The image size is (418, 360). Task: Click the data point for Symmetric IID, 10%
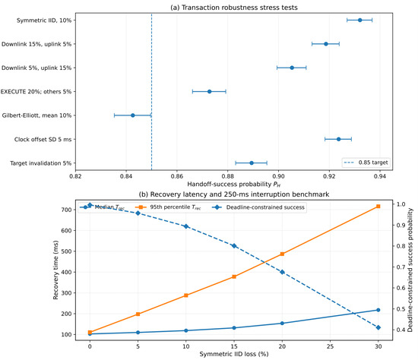pyautogui.click(x=360, y=20)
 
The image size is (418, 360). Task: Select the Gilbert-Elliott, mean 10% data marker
pyautogui.click(x=133, y=115)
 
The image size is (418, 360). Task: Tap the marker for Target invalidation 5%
pyautogui.click(x=252, y=163)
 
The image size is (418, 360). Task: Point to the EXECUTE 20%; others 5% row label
pyautogui.click(x=36, y=92)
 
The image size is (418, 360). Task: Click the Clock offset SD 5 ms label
pyautogui.click(x=43, y=139)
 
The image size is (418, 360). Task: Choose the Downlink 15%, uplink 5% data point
pyautogui.click(x=326, y=44)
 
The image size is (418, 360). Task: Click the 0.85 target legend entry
pyautogui.click(x=366, y=163)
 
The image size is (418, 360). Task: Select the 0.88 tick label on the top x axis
pyautogui.click(x=228, y=176)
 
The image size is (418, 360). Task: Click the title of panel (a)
pyautogui.click(x=234, y=8)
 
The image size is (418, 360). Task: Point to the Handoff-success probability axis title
pyautogui.click(x=234, y=184)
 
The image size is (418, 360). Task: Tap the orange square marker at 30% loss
pyautogui.click(x=378, y=207)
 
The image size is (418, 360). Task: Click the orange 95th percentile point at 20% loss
pyautogui.click(x=282, y=254)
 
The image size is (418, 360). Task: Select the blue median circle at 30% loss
pyautogui.click(x=378, y=310)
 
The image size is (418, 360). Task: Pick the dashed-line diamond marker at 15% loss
pyautogui.click(x=234, y=245)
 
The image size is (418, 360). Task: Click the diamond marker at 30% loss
pyautogui.click(x=378, y=327)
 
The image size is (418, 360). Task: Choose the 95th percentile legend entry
pyautogui.click(x=169, y=207)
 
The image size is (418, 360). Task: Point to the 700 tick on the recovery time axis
pyautogui.click(x=67, y=210)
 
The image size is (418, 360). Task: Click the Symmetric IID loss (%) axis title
pyautogui.click(x=234, y=354)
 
